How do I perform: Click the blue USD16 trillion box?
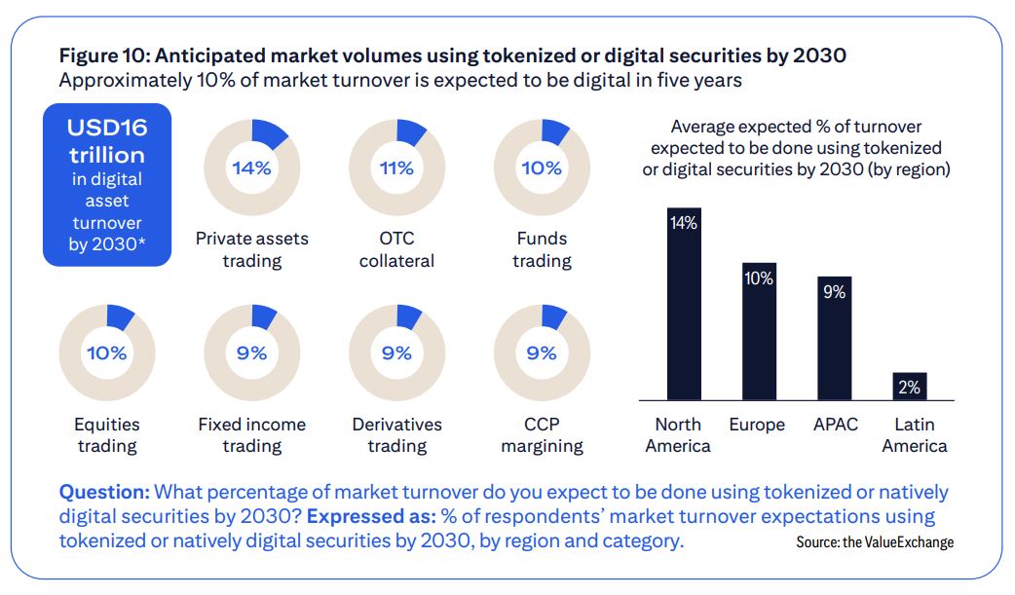pos(107,185)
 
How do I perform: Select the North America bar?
pos(684,304)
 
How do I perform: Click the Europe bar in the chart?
pos(759,331)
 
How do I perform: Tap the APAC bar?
pos(834,338)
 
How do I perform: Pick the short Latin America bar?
pos(909,387)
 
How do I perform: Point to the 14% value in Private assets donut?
pos(251,167)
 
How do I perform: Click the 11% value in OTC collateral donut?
pos(396,167)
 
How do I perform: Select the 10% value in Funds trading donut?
pos(542,167)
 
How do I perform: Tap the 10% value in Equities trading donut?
pos(107,353)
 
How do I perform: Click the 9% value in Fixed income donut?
pos(251,353)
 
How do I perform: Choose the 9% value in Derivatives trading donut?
pos(396,353)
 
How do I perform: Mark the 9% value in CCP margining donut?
pos(542,353)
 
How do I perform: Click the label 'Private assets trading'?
pos(251,249)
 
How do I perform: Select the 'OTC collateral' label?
pos(396,249)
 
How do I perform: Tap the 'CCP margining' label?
pos(542,435)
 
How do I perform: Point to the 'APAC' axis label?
pos(835,425)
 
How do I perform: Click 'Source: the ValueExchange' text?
pos(874,542)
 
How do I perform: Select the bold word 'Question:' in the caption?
pos(103,492)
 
